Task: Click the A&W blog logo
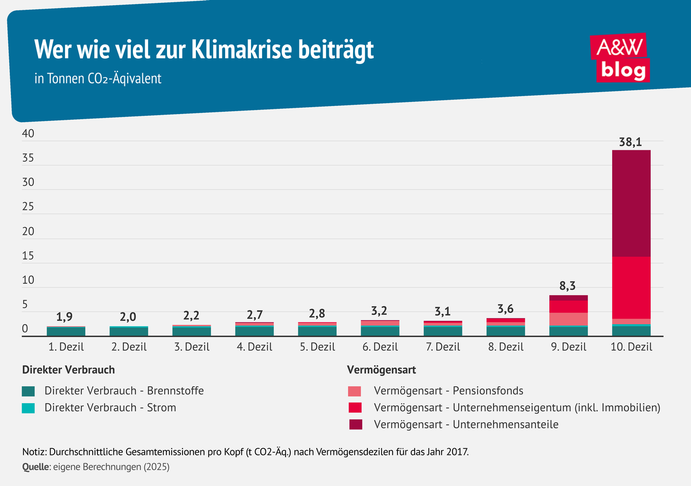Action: click(620, 58)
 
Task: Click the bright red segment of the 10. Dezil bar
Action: click(631, 287)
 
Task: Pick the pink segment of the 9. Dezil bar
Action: click(568, 319)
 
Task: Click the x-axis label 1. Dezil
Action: click(66, 347)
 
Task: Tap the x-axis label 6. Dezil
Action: click(380, 347)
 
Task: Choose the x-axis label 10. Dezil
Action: click(631, 347)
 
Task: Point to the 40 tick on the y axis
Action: click(28, 134)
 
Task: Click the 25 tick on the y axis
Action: click(28, 207)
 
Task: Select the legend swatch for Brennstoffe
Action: click(29, 391)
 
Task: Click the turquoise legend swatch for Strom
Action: click(29, 408)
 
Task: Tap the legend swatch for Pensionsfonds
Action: click(355, 391)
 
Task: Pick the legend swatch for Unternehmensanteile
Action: click(355, 425)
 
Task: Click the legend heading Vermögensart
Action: click(381, 369)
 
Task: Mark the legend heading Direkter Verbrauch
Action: click(68, 369)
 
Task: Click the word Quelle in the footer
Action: click(36, 468)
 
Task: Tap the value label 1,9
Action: click(66, 317)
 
